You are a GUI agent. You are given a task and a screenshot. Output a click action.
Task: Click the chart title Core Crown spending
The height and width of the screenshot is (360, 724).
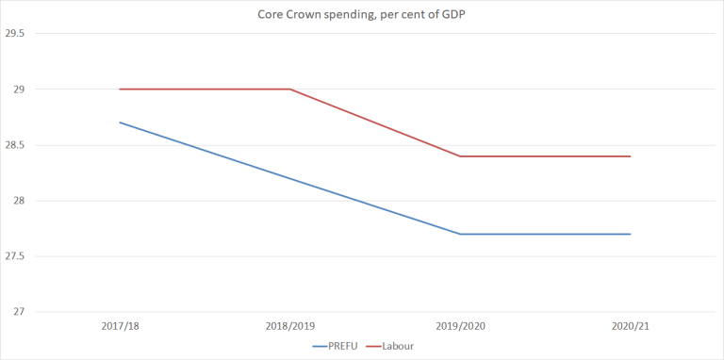362,15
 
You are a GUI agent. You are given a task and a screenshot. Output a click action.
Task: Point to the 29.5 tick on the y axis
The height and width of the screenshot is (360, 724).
14,34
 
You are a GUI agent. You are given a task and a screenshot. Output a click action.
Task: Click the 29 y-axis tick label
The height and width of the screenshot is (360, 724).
17,90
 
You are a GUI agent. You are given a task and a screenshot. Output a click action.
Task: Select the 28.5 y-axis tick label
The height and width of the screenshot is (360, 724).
14,145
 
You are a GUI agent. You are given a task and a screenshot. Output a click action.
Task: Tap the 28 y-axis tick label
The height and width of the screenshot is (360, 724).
17,201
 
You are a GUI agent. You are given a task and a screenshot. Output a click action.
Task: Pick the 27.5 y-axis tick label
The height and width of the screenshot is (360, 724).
14,256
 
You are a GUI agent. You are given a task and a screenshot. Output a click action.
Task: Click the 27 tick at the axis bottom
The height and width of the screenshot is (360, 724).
17,312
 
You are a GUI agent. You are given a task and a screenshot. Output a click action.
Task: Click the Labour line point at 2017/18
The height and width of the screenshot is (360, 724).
120,90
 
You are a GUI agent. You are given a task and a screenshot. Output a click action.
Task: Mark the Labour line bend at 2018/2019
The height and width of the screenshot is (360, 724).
289,90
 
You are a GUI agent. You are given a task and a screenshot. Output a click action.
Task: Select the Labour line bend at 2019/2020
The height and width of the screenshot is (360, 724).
460,156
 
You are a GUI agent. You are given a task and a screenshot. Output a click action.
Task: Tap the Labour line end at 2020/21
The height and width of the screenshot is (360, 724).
630,156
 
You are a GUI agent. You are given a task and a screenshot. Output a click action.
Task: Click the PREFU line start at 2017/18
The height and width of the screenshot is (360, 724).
120,123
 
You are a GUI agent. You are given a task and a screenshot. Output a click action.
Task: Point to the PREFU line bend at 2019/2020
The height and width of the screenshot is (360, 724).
460,234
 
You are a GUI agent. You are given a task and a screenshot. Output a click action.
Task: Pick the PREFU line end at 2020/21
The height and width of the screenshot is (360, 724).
630,234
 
